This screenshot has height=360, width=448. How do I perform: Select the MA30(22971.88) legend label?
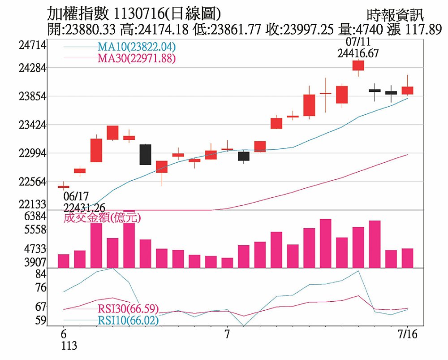click(136, 58)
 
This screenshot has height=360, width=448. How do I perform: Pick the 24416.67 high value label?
click(358, 53)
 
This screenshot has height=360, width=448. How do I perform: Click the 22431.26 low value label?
click(85, 207)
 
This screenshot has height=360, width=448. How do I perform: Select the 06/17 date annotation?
click(76, 196)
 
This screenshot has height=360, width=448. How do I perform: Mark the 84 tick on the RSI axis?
click(41, 273)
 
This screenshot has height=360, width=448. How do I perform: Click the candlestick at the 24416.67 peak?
click(358, 65)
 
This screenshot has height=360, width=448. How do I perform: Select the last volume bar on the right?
click(407, 258)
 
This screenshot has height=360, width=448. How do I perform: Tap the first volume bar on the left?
click(64, 261)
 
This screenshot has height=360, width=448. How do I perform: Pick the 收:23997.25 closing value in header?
click(299, 30)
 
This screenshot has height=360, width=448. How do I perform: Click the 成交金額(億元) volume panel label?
click(102, 218)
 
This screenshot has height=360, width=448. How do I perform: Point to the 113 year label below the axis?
click(69, 346)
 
